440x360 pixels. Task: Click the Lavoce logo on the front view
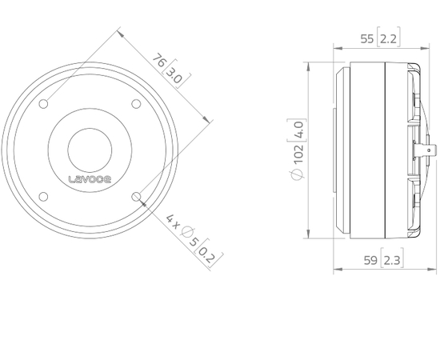(x=90, y=179)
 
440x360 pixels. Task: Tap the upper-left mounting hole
(x=43, y=104)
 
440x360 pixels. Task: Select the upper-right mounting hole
(x=136, y=104)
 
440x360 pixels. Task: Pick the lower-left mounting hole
(x=43, y=197)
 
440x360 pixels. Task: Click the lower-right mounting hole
(x=136, y=197)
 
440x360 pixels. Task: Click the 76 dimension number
(x=159, y=60)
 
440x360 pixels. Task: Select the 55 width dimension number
(x=366, y=39)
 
